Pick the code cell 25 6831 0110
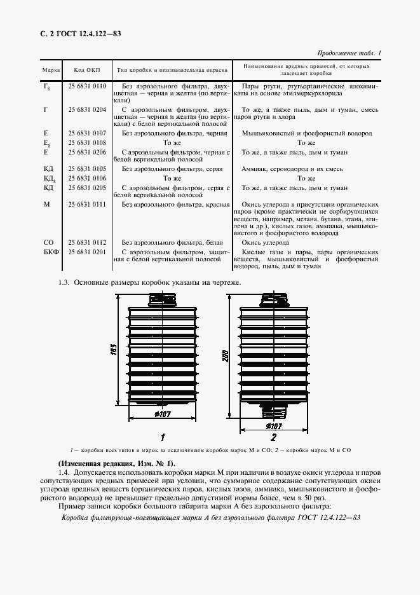(x=88, y=85)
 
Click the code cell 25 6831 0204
(x=88, y=109)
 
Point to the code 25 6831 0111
(x=88, y=205)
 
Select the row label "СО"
(x=48, y=243)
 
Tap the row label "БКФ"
(x=51, y=252)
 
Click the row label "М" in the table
(x=46, y=205)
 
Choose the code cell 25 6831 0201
(x=88, y=252)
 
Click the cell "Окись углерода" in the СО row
(x=267, y=243)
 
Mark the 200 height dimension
(x=226, y=356)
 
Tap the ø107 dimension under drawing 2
(x=273, y=425)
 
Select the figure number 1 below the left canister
(x=163, y=437)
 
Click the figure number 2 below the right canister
(x=273, y=437)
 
